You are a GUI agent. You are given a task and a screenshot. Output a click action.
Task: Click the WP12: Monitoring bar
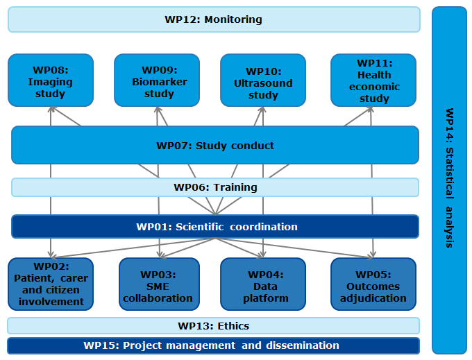[214, 19]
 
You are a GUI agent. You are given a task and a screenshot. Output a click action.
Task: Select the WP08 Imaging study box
[51, 80]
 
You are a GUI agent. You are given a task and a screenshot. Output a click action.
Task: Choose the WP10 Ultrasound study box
[263, 80]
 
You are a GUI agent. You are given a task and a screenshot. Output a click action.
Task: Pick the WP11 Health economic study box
[373, 80]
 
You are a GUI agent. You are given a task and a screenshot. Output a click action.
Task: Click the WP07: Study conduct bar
[215, 146]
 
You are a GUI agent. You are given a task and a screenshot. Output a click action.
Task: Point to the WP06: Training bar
[215, 187]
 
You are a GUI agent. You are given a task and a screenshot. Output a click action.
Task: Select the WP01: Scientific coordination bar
[215, 227]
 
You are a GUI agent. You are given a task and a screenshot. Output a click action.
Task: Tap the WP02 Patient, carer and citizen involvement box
[51, 284]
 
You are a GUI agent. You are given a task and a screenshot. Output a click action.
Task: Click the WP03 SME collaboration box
[159, 284]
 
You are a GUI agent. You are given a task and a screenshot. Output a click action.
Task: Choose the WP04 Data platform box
[263, 284]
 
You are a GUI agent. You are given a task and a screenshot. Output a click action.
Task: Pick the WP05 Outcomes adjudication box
[373, 284]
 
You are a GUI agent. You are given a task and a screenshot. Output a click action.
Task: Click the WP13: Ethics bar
[214, 325]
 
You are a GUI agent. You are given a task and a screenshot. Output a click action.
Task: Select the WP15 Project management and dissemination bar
[212, 345]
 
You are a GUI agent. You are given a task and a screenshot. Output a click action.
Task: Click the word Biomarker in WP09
[159, 82]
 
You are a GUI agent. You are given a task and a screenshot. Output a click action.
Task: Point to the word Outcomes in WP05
[374, 286]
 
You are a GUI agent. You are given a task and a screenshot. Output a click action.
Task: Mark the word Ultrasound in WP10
[263, 83]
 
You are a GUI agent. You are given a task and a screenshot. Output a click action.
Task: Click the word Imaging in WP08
[50, 82]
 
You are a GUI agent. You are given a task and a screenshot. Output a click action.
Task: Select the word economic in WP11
[374, 87]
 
